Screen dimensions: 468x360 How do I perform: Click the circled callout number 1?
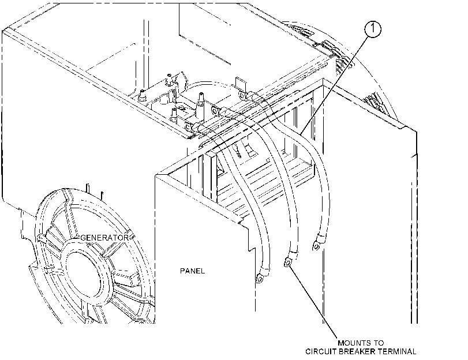coord(373,29)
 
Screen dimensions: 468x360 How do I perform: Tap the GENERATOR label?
coord(105,238)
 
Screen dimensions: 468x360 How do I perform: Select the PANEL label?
coord(193,271)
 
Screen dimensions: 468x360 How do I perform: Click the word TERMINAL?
coord(397,351)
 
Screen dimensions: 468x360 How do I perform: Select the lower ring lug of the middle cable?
coord(287,262)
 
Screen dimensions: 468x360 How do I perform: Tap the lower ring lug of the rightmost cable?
coord(316,246)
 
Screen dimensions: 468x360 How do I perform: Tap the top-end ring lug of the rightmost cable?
coord(242,95)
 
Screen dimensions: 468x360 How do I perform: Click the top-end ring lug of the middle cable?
coord(215,111)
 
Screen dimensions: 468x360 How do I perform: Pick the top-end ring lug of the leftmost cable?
coord(189,127)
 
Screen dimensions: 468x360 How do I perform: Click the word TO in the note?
coord(380,343)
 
